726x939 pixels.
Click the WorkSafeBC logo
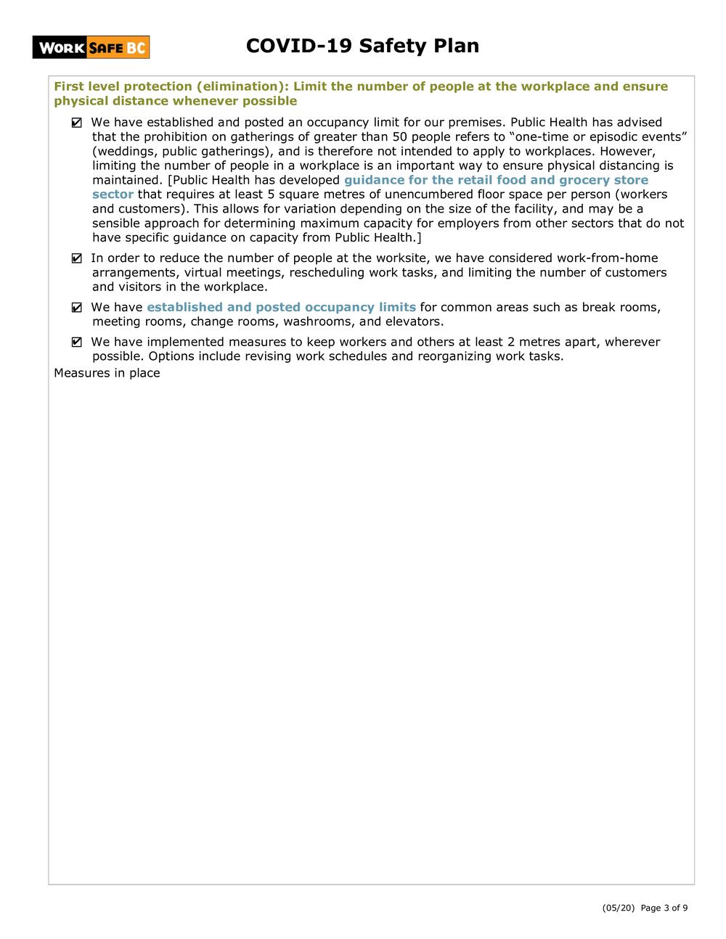(91, 48)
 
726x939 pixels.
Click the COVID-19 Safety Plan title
(362, 46)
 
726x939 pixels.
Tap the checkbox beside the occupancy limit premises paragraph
(77, 123)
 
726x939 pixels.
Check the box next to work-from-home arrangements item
(77, 259)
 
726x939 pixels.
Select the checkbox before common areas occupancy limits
(77, 308)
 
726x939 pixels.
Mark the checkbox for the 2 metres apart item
(77, 343)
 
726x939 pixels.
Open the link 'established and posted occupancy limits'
(281, 308)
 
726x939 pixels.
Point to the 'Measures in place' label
(107, 373)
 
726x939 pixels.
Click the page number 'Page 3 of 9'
(664, 908)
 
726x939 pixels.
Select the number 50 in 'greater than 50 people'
(399, 137)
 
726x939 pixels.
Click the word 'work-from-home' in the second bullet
(607, 258)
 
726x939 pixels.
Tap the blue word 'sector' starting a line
(113, 194)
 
